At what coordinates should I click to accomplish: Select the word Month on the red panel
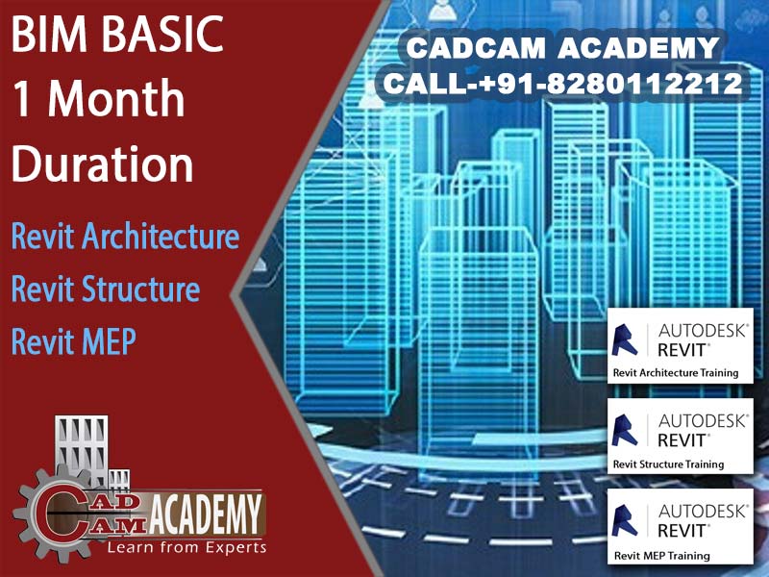(x=115, y=99)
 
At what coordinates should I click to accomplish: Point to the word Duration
(x=103, y=163)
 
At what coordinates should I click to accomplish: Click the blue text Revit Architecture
(x=126, y=236)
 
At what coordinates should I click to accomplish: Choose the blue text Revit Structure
(x=106, y=288)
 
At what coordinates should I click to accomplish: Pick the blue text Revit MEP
(x=74, y=341)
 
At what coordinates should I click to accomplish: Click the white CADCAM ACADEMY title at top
(x=563, y=47)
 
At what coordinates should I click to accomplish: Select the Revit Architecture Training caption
(x=676, y=373)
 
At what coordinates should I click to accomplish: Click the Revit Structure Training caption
(x=668, y=464)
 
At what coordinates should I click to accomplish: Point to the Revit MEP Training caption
(x=661, y=556)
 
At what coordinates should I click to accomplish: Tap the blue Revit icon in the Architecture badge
(x=624, y=339)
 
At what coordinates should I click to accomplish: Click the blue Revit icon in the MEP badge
(x=624, y=521)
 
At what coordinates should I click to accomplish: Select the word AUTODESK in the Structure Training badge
(x=703, y=421)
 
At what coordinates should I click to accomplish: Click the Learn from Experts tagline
(x=186, y=547)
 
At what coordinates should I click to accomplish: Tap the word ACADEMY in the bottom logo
(x=206, y=514)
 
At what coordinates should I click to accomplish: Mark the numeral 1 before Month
(x=22, y=99)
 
